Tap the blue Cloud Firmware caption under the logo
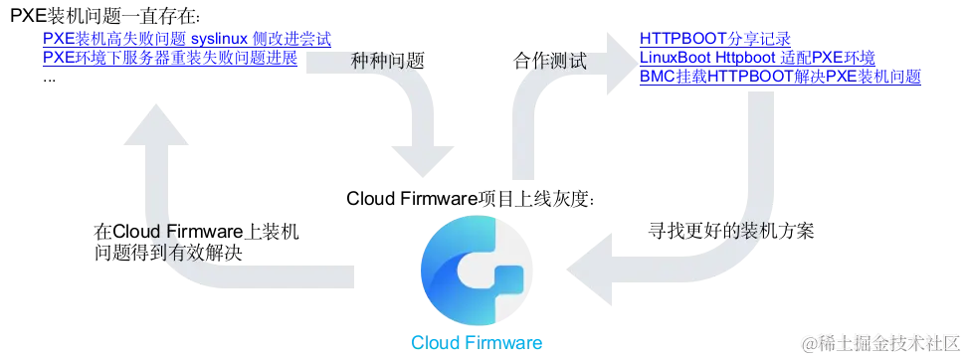point(477,342)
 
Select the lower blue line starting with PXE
point(169,58)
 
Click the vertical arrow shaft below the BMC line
point(760,149)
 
